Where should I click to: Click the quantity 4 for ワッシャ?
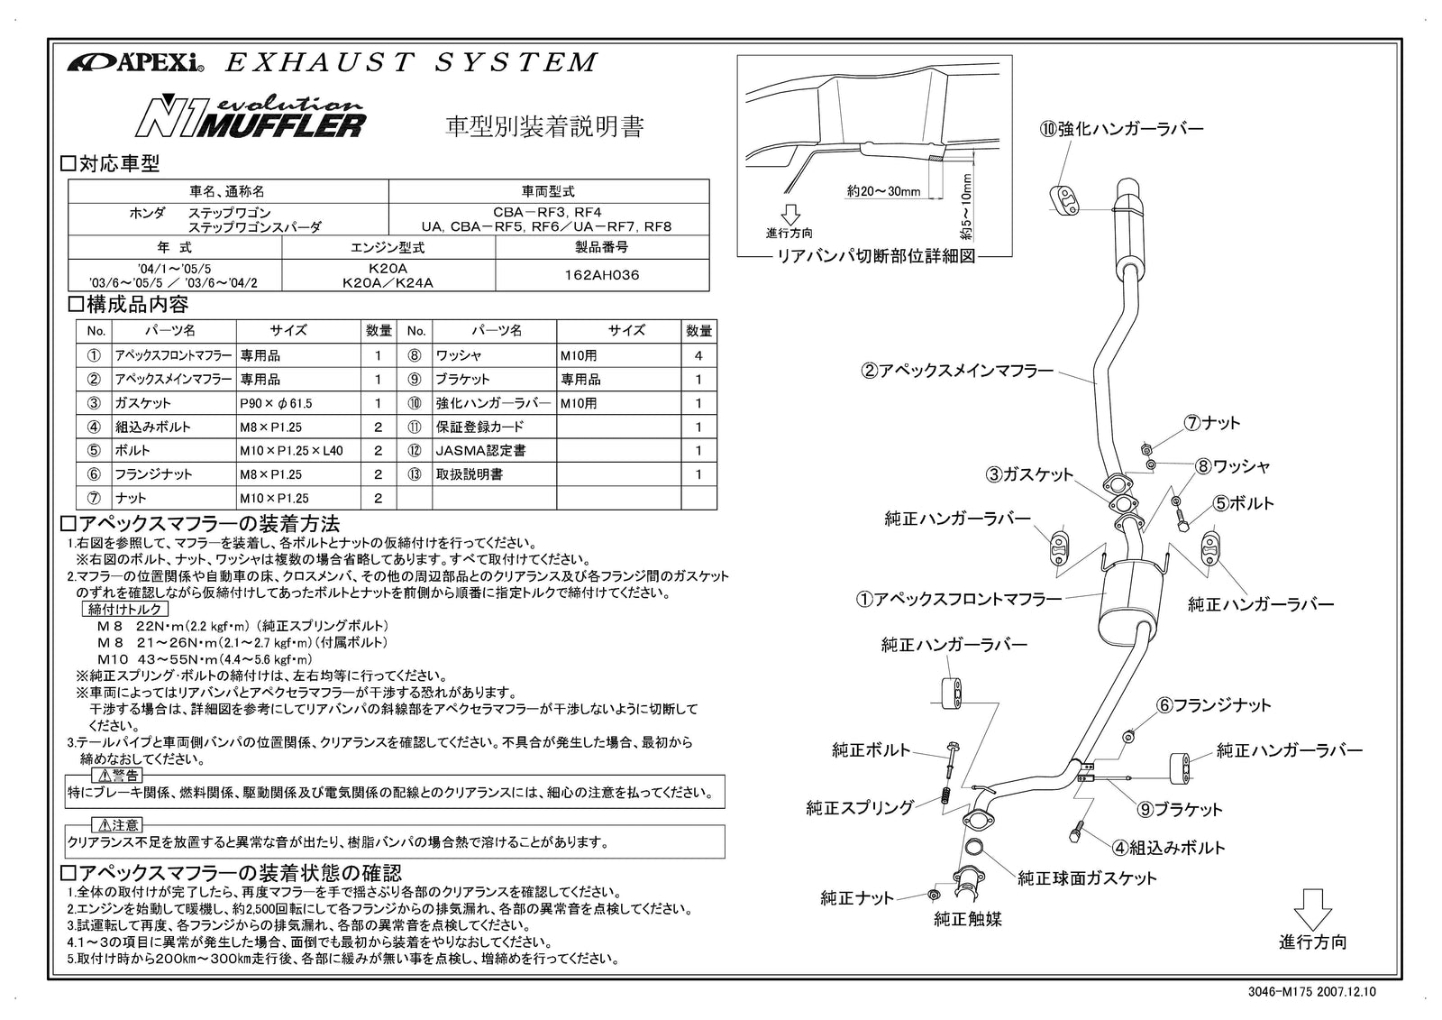698,355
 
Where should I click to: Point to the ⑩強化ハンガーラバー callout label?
1121,129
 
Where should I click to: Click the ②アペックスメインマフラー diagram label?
957,371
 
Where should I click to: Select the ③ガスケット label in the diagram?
1028,474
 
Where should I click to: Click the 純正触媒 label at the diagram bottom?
968,919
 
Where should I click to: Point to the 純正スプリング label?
859,807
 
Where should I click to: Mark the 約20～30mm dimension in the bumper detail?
883,191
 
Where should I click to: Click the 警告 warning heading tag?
118,776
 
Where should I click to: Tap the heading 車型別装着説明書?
545,126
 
